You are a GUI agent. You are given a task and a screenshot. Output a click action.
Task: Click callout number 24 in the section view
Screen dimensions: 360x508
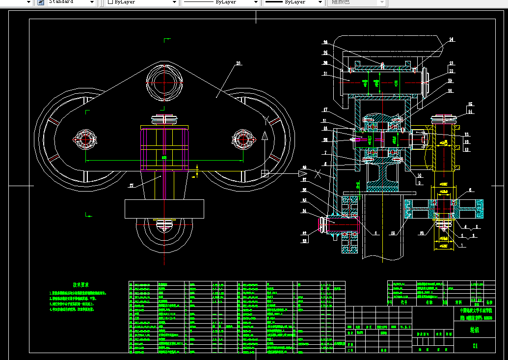[x=452, y=39]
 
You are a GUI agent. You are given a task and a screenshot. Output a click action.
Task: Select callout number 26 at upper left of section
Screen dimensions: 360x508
[x=325, y=42]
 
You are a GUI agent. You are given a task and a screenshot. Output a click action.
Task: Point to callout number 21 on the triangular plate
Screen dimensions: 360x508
[x=239, y=63]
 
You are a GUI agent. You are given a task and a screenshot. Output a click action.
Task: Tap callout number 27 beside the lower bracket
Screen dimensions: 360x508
[x=131, y=186]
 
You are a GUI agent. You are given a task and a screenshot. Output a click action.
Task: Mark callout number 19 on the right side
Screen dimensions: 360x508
[x=450, y=81]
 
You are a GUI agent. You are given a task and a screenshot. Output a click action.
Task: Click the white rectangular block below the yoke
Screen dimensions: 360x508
[x=164, y=209]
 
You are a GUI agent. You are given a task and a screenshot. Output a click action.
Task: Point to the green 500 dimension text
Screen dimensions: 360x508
[x=164, y=158]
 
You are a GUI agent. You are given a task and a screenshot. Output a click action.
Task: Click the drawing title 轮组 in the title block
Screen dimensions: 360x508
[x=474, y=330]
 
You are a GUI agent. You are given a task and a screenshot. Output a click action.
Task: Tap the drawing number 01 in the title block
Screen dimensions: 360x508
[x=474, y=346]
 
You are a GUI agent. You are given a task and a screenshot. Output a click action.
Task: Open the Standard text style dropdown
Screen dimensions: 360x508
[x=71, y=2]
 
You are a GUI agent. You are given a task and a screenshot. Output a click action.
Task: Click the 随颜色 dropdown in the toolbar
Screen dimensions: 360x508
[x=356, y=2]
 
